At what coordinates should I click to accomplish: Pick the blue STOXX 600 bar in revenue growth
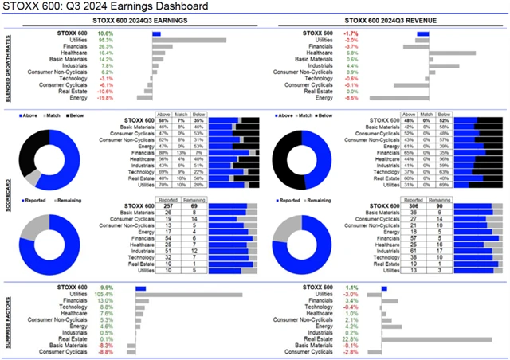(422, 33)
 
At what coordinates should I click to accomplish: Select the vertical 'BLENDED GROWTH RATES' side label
(7, 68)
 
